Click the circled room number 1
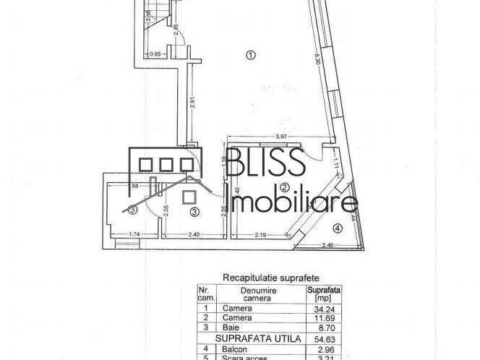click(x=250, y=54)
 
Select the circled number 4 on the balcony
click(x=338, y=229)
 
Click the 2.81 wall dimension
click(x=192, y=103)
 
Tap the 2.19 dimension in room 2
click(x=261, y=234)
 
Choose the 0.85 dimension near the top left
click(x=155, y=53)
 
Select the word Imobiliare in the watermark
click(x=293, y=203)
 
